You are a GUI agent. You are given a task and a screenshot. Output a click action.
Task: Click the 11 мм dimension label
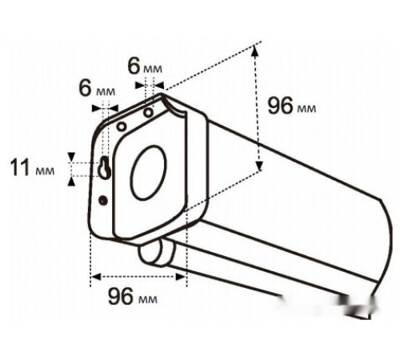[32, 168]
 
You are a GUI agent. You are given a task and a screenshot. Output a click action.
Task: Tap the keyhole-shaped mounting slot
[105, 167]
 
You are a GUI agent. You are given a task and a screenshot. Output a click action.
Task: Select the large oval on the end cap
[149, 173]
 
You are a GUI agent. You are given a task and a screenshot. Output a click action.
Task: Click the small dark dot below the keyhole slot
[103, 200]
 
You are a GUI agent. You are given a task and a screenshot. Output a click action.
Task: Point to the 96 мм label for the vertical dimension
[292, 106]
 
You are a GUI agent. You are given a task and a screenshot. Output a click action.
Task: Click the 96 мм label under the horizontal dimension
[133, 297]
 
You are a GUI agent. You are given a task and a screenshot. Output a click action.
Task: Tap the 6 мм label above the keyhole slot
[97, 88]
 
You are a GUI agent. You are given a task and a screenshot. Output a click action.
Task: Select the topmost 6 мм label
[145, 66]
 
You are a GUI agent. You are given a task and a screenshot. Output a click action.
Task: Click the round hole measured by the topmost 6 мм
[148, 113]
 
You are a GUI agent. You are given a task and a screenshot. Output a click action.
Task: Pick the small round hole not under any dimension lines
[122, 126]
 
